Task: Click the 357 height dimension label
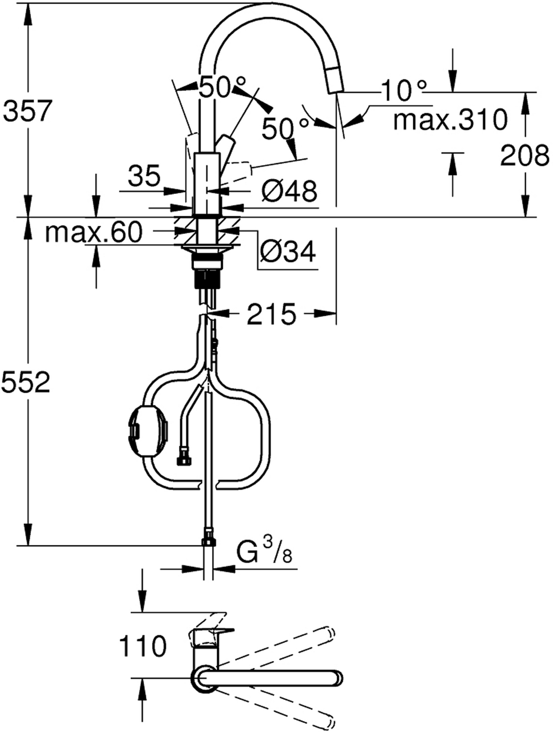(27, 110)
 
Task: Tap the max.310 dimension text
(450, 119)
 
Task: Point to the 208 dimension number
(524, 155)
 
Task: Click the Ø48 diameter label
(289, 192)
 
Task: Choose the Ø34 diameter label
(287, 252)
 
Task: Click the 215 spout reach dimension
(270, 314)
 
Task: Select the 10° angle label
(403, 90)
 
